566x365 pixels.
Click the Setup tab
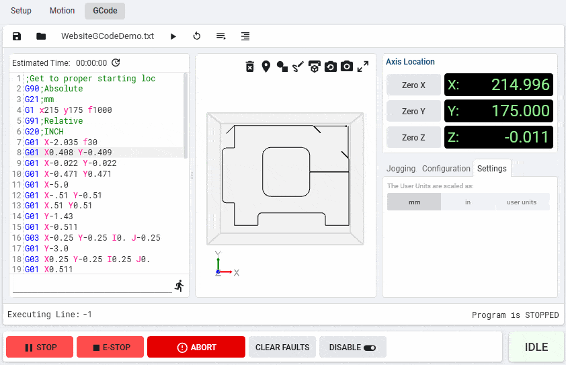click(x=21, y=11)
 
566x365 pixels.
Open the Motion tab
click(x=62, y=11)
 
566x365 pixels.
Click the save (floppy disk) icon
click(x=17, y=36)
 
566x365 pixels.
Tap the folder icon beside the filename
click(x=41, y=36)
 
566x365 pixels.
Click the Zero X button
click(x=413, y=85)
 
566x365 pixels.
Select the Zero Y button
click(x=413, y=111)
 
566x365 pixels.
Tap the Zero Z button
click(x=413, y=138)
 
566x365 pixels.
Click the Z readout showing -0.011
click(x=499, y=138)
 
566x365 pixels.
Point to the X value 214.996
click(x=520, y=85)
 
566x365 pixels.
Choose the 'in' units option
click(x=468, y=202)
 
